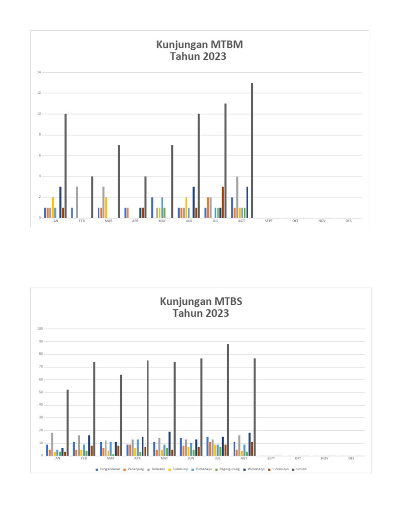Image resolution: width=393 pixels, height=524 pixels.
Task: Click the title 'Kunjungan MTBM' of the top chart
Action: (x=200, y=45)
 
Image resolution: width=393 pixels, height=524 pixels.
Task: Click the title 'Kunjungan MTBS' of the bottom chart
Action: (x=201, y=301)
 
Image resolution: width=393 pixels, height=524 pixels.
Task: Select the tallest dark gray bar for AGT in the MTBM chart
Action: (x=252, y=150)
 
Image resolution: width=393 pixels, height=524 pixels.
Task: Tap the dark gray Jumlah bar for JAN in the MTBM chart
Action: (x=65, y=166)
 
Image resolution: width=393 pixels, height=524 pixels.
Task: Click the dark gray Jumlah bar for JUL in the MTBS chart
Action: (x=228, y=400)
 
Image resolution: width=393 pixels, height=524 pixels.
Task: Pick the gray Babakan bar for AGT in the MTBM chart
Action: (x=237, y=197)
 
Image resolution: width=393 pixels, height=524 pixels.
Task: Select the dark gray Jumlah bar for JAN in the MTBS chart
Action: (x=67, y=423)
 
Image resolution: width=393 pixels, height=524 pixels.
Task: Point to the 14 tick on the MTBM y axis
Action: (x=38, y=72)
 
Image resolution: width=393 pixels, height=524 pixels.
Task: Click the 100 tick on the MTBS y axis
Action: (x=38, y=329)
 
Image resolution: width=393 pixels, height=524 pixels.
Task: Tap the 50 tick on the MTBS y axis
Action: (x=39, y=392)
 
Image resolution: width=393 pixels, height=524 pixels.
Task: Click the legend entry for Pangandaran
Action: (x=108, y=469)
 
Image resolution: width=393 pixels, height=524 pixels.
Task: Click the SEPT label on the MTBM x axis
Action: (x=268, y=221)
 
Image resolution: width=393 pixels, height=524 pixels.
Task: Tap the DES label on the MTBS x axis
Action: (x=351, y=458)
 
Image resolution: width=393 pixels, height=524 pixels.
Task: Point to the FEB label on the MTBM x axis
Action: (x=82, y=221)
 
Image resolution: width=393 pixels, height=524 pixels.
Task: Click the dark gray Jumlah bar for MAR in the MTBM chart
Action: (x=119, y=182)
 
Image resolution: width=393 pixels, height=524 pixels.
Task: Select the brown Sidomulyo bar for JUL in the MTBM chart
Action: (x=223, y=202)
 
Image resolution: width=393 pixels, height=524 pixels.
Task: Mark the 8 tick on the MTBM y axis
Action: (x=39, y=135)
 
